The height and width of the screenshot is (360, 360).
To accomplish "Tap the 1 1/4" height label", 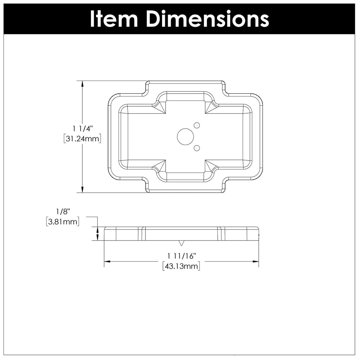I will [83, 129].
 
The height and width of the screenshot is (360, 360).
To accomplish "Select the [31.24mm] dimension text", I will [82, 139].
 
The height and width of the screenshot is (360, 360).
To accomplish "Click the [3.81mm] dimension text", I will [63, 222].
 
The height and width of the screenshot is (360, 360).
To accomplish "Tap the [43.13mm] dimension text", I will [181, 266].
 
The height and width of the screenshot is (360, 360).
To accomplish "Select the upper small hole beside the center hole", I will [197, 125].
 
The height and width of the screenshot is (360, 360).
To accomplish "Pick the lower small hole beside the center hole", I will [197, 148].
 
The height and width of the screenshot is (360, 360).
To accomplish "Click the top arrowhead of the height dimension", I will [82, 84].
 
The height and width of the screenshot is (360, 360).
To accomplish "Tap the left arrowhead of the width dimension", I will [107, 262].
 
